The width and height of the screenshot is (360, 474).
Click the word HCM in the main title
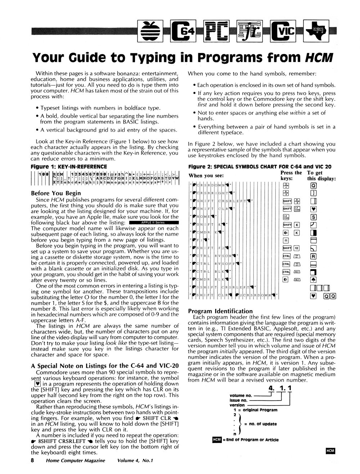[318, 58]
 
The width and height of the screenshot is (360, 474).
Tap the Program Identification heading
[221, 311]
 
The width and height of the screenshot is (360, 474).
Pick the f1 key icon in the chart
[287, 240]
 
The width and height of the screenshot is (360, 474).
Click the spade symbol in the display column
[313, 280]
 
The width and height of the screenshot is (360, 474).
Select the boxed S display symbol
[313, 217]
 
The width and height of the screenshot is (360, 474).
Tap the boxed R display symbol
[313, 256]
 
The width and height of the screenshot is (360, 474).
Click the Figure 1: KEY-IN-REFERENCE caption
[69, 166]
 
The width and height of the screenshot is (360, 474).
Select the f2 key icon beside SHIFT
[297, 248]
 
